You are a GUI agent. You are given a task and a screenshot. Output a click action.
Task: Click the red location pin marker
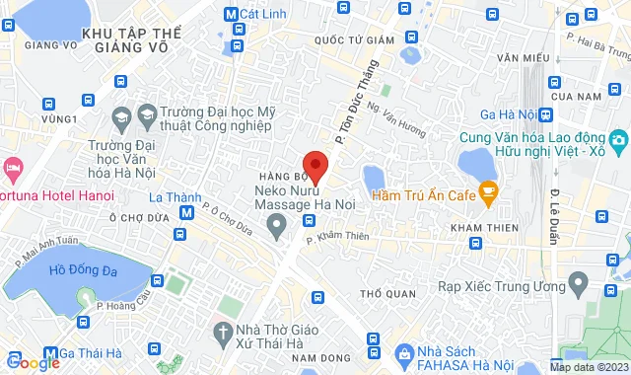(x=315, y=165)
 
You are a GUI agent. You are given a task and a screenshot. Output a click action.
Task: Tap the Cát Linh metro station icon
(x=231, y=15)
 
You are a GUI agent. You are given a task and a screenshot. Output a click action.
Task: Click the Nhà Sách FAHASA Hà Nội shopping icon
(x=402, y=352)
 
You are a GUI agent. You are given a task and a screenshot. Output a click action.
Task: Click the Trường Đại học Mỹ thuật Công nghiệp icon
(x=120, y=116)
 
